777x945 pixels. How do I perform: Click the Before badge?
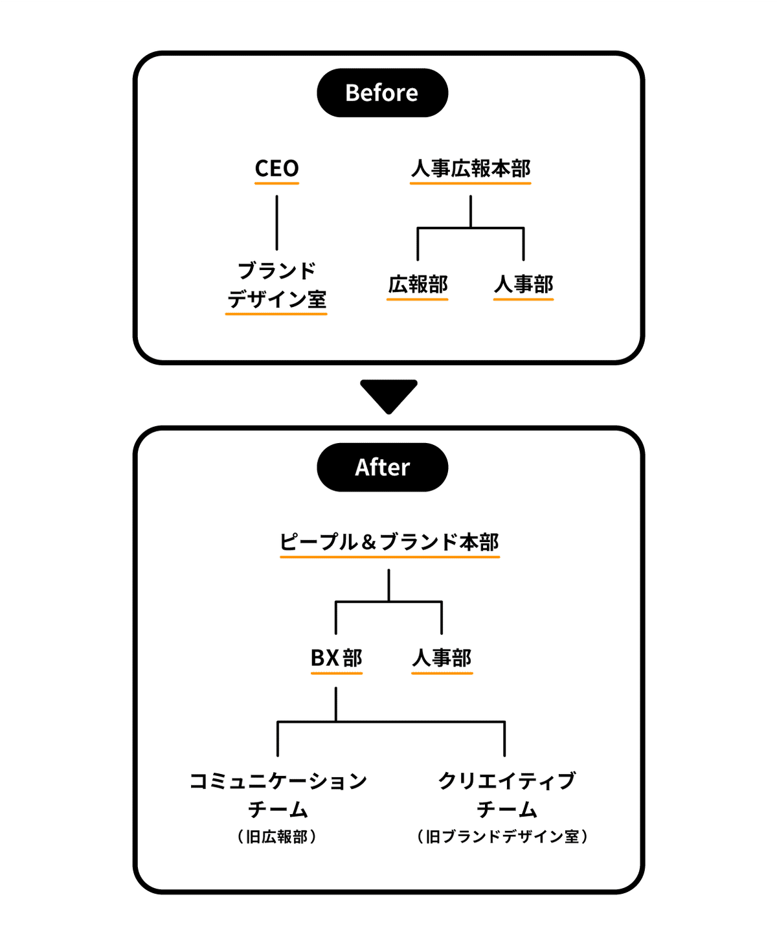click(x=382, y=93)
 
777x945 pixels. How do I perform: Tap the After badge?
click(x=382, y=467)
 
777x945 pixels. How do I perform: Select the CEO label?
click(x=276, y=168)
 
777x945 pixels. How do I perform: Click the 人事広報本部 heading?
click(x=471, y=168)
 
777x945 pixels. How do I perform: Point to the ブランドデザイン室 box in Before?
click(x=276, y=285)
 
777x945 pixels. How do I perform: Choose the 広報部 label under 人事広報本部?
click(x=418, y=284)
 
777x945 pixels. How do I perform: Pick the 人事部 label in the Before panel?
click(x=523, y=284)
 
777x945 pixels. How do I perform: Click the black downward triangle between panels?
click(x=388, y=394)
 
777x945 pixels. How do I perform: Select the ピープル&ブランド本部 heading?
click(x=389, y=541)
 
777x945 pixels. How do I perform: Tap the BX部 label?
click(x=336, y=658)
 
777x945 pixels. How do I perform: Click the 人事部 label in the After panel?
click(x=442, y=658)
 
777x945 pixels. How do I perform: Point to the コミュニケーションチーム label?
click(x=278, y=795)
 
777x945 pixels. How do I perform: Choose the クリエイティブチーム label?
click(x=506, y=795)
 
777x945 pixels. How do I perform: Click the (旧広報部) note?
click(x=277, y=837)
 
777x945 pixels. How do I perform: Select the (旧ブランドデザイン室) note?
click(x=502, y=837)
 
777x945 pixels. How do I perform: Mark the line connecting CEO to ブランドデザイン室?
click(x=277, y=223)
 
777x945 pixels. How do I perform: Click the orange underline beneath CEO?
click(x=276, y=183)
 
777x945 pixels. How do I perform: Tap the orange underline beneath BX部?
click(x=336, y=673)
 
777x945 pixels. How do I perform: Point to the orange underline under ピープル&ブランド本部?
click(x=389, y=556)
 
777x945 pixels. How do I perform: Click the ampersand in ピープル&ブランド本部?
click(x=369, y=542)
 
